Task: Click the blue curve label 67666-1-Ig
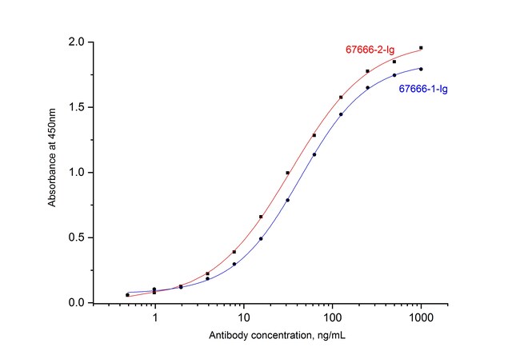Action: [x=422, y=89]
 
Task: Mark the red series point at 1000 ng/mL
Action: [x=421, y=48]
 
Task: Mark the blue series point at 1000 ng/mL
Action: [x=421, y=69]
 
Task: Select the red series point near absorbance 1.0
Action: [x=287, y=173]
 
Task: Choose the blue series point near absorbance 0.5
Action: [x=261, y=238]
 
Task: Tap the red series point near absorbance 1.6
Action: [x=341, y=98]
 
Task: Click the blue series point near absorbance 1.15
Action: [x=314, y=154]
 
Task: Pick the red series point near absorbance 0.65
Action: [x=261, y=217]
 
